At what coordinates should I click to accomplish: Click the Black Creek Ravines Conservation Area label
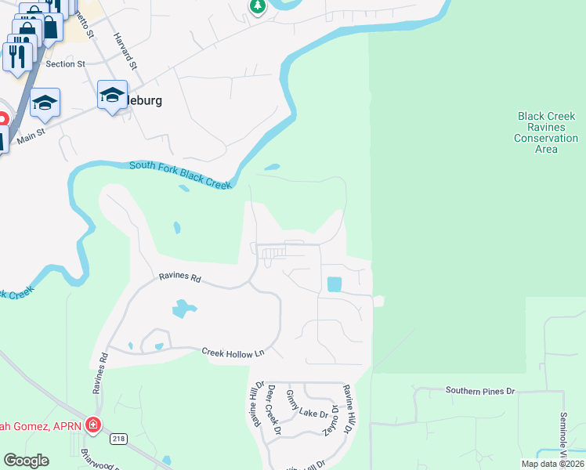[546, 132]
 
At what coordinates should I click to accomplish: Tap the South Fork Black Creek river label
[180, 174]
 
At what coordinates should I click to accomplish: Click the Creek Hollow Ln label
[233, 353]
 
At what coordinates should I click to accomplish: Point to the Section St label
[65, 64]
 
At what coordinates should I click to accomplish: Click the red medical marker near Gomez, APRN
[92, 425]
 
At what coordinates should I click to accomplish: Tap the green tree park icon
[257, 6]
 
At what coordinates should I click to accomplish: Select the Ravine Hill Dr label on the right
[347, 410]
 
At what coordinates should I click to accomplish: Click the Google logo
[26, 461]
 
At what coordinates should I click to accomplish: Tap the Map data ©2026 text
[552, 464]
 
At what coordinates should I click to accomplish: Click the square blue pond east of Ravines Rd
[334, 284]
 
